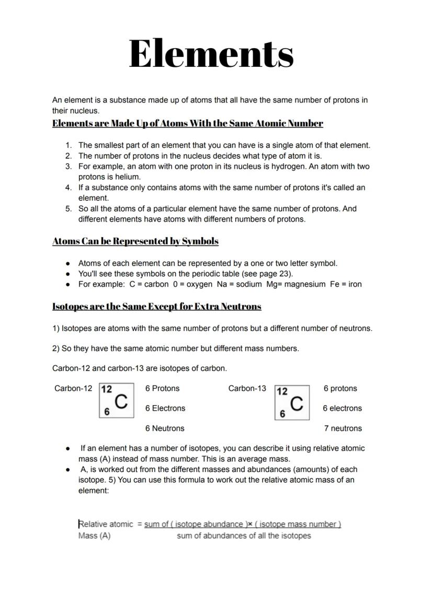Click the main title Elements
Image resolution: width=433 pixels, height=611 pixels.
pyautogui.click(x=211, y=54)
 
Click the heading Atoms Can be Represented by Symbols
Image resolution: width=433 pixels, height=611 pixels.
pyautogui.click(x=135, y=241)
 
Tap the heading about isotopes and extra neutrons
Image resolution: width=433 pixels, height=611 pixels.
pyautogui.click(x=157, y=306)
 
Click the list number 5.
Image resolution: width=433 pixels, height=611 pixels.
pyautogui.click(x=69, y=209)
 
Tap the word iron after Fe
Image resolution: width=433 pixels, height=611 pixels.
pyautogui.click(x=355, y=284)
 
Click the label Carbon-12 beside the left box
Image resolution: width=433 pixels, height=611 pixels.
pyautogui.click(x=73, y=388)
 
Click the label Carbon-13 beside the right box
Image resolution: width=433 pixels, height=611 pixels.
pyautogui.click(x=247, y=388)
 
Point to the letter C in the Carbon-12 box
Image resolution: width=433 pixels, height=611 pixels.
pyautogui.click(x=121, y=401)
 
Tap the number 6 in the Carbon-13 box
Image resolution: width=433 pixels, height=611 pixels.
pyautogui.click(x=282, y=414)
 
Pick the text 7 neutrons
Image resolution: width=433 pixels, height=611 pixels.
pyautogui.click(x=343, y=429)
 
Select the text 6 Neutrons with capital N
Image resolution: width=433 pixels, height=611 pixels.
pyautogui.click(x=165, y=429)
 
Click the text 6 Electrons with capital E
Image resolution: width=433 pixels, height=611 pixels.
pyautogui.click(x=165, y=408)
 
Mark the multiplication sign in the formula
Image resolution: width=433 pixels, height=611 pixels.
pyautogui.click(x=250, y=524)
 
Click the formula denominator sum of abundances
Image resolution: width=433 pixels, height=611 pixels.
pyautogui.click(x=244, y=536)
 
